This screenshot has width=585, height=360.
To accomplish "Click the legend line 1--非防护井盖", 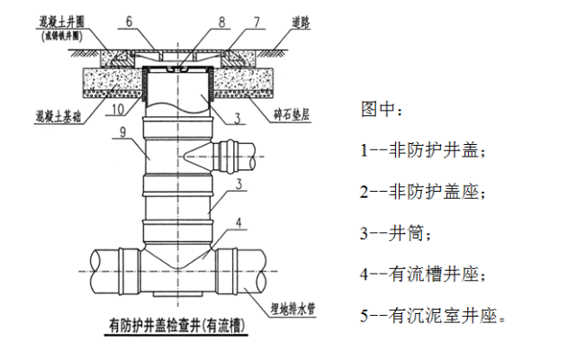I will click(x=422, y=152).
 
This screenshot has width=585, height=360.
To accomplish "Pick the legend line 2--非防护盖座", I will click(x=422, y=193).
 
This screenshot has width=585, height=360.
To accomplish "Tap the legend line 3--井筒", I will click(x=396, y=234).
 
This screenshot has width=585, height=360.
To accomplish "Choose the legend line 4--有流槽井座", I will click(x=422, y=274).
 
